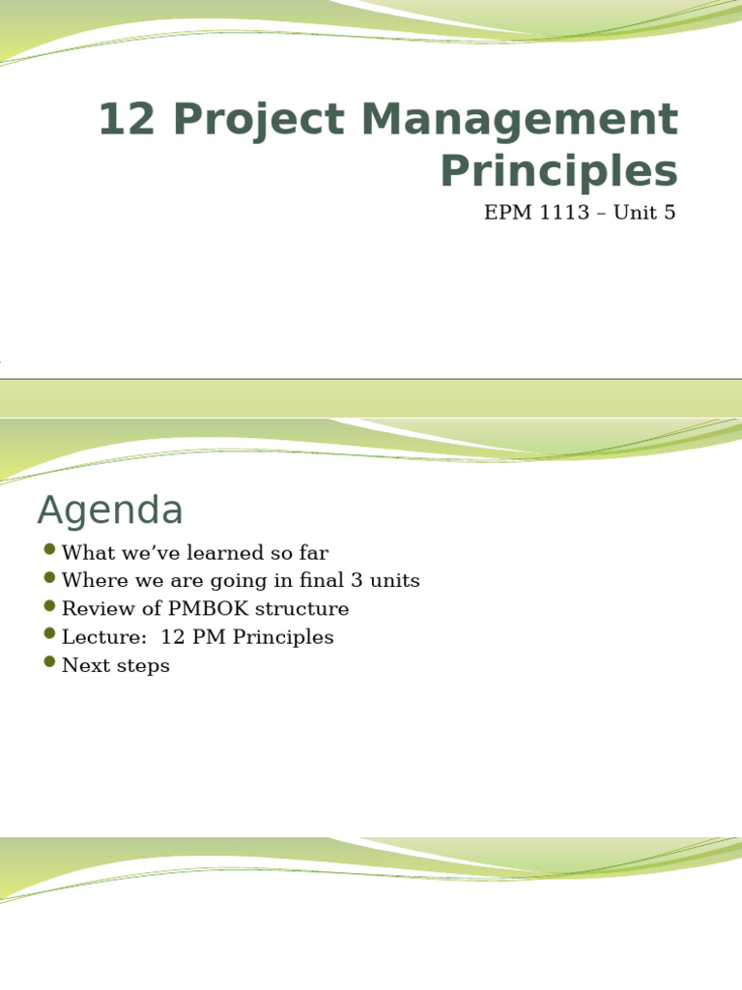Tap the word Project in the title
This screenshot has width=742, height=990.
click(254, 121)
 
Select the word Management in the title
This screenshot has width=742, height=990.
click(519, 121)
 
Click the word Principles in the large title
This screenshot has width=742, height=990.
click(558, 172)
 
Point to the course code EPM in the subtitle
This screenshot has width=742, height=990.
click(507, 213)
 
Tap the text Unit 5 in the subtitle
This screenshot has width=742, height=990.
click(645, 213)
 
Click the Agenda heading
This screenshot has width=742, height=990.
click(110, 510)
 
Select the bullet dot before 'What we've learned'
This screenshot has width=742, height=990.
click(50, 550)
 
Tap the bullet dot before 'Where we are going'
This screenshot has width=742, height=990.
click(50, 578)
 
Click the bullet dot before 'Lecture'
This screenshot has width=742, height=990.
click(50, 634)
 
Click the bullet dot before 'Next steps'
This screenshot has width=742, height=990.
click(50, 662)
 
